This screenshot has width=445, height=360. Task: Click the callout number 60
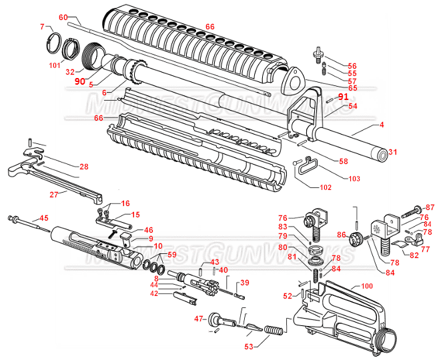pos(63,17)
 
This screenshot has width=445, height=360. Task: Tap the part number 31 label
pos(393,153)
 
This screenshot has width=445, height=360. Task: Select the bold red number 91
pos(343,97)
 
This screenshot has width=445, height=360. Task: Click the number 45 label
pos(44,218)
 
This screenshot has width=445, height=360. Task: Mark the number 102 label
pos(325,187)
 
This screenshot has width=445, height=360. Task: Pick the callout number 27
pos(55,194)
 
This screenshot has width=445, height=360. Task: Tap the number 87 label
pos(430,208)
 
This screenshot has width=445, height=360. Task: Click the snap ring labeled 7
pos(53,43)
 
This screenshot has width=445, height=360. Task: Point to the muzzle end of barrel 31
pos(381,154)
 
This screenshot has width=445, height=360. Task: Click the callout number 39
pos(244,283)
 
